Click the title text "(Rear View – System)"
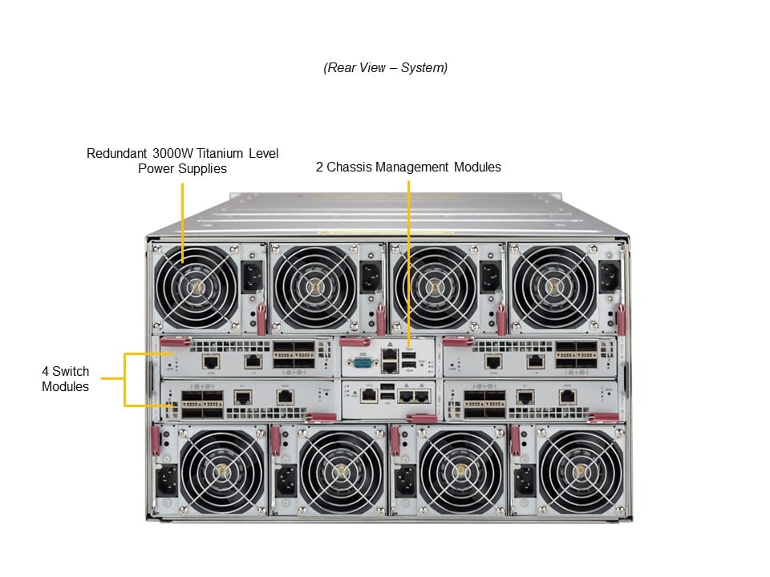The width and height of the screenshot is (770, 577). [385, 68]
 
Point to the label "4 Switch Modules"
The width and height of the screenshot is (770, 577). [65, 379]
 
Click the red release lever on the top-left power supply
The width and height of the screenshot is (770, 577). [261, 319]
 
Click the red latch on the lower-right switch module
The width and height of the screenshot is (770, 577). [603, 418]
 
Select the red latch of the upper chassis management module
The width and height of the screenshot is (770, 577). [355, 342]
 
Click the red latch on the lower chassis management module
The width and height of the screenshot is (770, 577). [421, 418]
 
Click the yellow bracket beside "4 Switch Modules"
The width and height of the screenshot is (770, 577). [125, 379]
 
